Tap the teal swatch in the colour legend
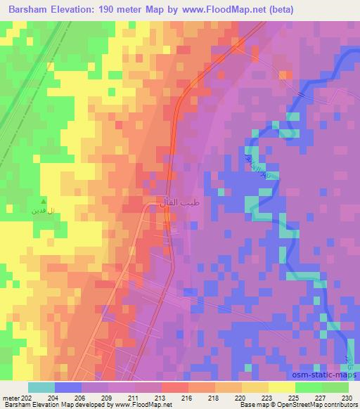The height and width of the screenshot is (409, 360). (41, 388)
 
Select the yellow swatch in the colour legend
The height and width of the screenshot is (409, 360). (281, 388)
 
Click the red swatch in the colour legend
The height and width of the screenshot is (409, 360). (174, 388)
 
